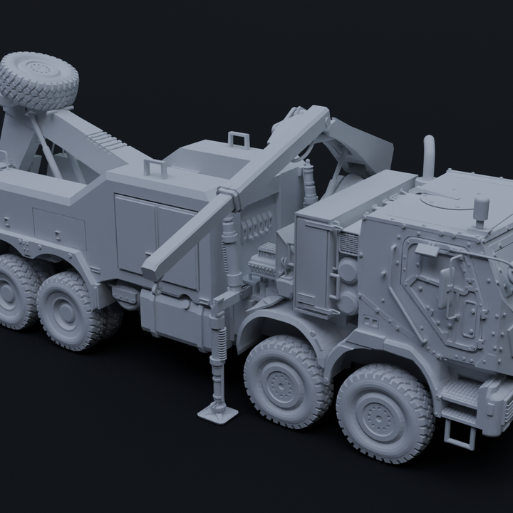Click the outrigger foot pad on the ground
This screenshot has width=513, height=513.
[217, 411]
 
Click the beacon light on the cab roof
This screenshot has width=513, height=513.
[482, 211]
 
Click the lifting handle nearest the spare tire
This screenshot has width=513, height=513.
[155, 168]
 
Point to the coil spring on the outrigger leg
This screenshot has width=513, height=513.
[221, 341]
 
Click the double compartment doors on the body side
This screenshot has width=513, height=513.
[157, 239]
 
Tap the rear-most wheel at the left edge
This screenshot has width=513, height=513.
[14, 292]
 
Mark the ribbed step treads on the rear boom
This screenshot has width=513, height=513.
[108, 139]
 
